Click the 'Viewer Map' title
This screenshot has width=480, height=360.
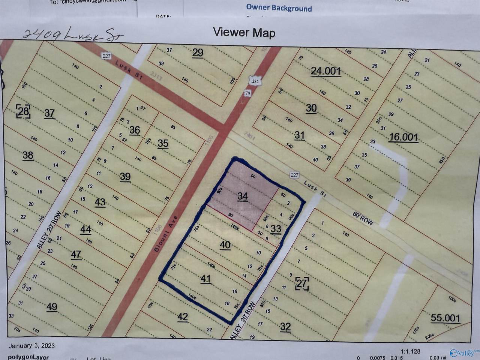[x=244, y=32]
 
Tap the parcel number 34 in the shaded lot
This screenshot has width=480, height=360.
[x=243, y=196]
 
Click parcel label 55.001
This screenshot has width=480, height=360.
[x=445, y=318]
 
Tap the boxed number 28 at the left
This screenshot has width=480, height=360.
[x=23, y=112]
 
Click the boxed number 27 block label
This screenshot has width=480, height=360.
[x=302, y=283]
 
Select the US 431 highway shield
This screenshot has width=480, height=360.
[x=254, y=81]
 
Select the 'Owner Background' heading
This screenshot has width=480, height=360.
[x=279, y=7]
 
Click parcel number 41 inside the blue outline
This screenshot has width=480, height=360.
[x=206, y=279]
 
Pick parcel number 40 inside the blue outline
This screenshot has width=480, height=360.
[x=225, y=245]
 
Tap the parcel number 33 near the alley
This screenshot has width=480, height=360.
[x=276, y=229]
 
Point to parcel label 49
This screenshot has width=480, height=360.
[x=52, y=307]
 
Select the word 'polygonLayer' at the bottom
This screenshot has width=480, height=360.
[x=28, y=357]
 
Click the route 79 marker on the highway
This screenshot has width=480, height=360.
[x=247, y=94]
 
